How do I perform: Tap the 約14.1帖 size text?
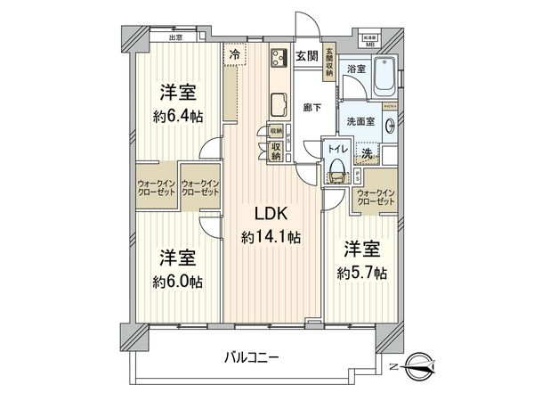click(x=270, y=238)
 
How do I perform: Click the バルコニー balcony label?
click(x=253, y=357)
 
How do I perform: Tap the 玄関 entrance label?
click(x=306, y=55)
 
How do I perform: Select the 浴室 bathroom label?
click(x=357, y=68)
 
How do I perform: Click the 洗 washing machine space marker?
click(x=367, y=153)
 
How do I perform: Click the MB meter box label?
click(x=368, y=42)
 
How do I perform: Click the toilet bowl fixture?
click(x=337, y=169)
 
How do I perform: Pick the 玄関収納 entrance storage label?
click(x=329, y=62)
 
